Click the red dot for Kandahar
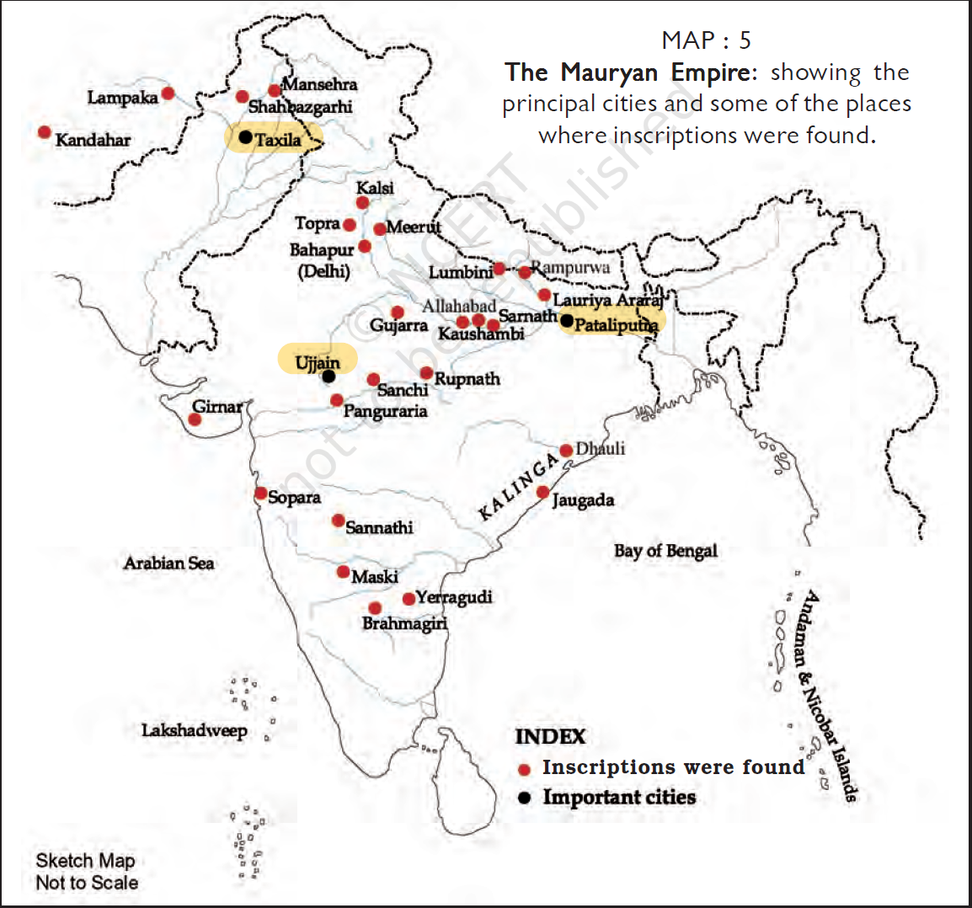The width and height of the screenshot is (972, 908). pyautogui.click(x=45, y=132)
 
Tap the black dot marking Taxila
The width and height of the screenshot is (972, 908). pyautogui.click(x=245, y=136)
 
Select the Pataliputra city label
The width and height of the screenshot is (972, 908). pyautogui.click(x=616, y=325)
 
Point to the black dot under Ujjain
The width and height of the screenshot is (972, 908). pyautogui.click(x=328, y=377)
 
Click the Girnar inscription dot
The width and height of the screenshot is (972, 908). pyautogui.click(x=195, y=419)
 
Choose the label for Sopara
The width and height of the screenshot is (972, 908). pyautogui.click(x=294, y=498)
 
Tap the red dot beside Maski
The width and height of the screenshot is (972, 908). pyautogui.click(x=343, y=572)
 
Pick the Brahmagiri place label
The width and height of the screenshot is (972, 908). pyautogui.click(x=404, y=623)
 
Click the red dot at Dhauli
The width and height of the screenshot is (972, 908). pyautogui.click(x=566, y=451)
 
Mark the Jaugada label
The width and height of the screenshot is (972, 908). pyautogui.click(x=583, y=500)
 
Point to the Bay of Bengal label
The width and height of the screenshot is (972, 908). pyautogui.click(x=665, y=551)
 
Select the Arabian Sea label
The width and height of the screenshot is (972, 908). pyautogui.click(x=168, y=563)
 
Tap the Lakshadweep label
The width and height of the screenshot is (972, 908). pyautogui.click(x=194, y=730)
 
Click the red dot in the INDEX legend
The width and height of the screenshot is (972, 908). pyautogui.click(x=524, y=769)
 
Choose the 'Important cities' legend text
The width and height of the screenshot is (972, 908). pyautogui.click(x=619, y=797)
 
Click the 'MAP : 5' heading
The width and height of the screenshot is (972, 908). pyautogui.click(x=706, y=40)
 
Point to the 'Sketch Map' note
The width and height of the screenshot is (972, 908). pyautogui.click(x=85, y=861)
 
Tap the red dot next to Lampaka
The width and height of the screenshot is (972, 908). pyautogui.click(x=168, y=93)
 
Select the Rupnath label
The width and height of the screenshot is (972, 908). pyautogui.click(x=467, y=379)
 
